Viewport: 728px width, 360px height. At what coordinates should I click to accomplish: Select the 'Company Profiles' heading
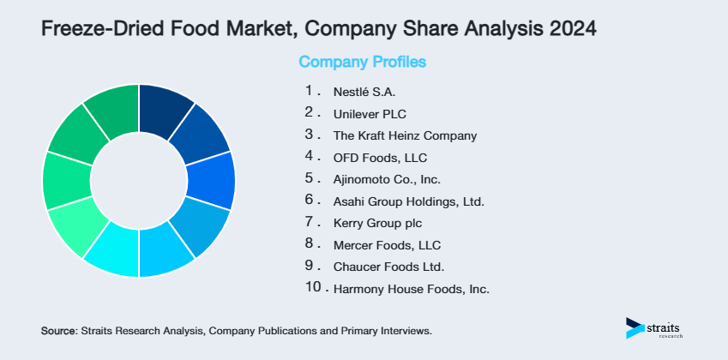362,62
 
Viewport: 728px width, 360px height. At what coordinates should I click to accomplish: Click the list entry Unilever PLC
370,112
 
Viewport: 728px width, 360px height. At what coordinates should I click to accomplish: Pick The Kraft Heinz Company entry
405,135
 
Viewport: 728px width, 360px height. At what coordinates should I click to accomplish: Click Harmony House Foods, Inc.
411,290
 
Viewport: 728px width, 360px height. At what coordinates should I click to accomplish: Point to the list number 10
313,288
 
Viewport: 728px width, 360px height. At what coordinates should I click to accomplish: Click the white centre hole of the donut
139,181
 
